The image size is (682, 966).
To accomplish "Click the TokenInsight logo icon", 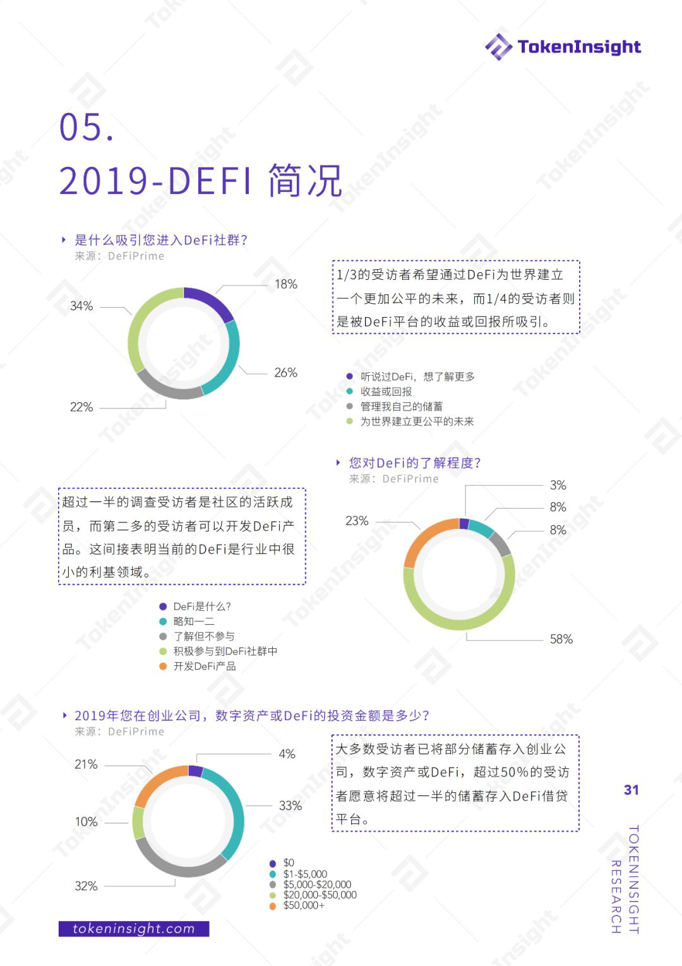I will [x=498, y=47].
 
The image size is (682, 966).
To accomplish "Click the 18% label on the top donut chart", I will [x=285, y=284].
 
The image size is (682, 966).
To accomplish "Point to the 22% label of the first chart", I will [x=81, y=407].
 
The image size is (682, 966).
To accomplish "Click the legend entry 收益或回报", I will [x=386, y=392].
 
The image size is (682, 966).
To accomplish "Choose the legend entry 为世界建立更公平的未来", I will [x=417, y=421].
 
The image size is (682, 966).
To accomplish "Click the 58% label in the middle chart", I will [x=561, y=639].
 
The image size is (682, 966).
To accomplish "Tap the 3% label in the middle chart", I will [x=558, y=485].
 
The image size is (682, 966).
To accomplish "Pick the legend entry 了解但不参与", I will [x=203, y=636].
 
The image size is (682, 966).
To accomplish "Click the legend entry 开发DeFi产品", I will [x=205, y=667].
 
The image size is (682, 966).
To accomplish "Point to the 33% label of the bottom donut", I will [x=290, y=806].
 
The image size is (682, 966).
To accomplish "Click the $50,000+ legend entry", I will [x=304, y=905].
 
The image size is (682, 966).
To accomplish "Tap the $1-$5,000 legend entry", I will [x=305, y=874].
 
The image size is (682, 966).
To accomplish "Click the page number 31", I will [x=631, y=790].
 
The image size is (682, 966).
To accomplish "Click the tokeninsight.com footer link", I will [x=134, y=929].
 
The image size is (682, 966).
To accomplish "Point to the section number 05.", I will [x=87, y=127].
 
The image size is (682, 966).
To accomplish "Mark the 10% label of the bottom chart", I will [x=87, y=822].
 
